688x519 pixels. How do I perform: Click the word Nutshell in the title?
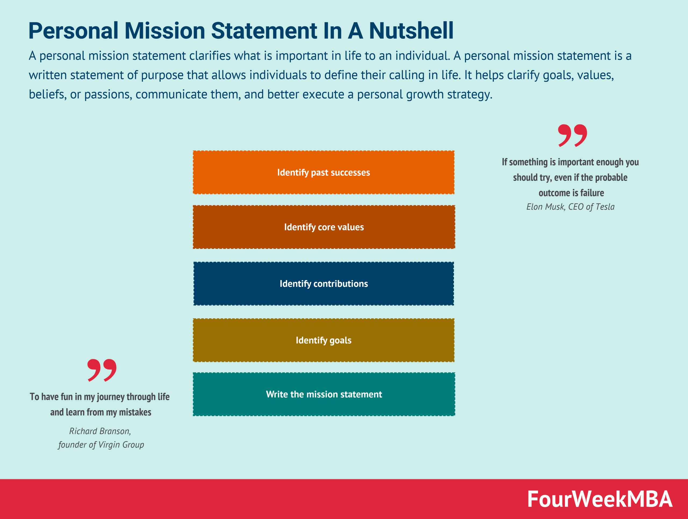[411, 31]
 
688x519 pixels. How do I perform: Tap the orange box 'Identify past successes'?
[324, 173]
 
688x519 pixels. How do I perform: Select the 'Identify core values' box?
[324, 227]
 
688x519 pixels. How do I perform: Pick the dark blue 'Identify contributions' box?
[324, 284]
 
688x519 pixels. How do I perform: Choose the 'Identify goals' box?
[324, 340]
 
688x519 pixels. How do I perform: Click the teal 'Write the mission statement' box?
[324, 394]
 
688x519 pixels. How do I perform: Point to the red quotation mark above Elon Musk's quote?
[572, 135]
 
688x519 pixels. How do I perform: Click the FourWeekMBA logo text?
[600, 499]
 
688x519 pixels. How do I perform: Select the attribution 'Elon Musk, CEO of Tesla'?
[570, 207]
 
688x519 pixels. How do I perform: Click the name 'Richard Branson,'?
[100, 431]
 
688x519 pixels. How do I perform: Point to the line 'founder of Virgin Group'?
[101, 445]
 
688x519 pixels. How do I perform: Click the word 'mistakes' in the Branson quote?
[135, 412]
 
